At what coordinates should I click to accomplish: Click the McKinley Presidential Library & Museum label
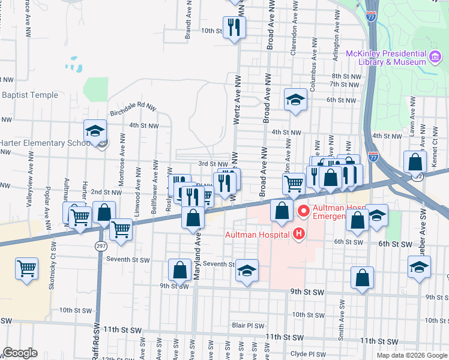point(386,58)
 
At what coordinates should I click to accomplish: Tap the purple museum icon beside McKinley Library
point(435,58)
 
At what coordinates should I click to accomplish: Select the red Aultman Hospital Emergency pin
point(304,211)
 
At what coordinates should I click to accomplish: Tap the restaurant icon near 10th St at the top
point(234,27)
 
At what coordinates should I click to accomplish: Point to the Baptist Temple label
point(30,95)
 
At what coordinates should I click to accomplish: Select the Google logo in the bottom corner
point(20,353)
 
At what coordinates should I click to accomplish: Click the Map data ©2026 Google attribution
point(411,355)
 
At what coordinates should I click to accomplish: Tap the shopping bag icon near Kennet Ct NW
point(415,162)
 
